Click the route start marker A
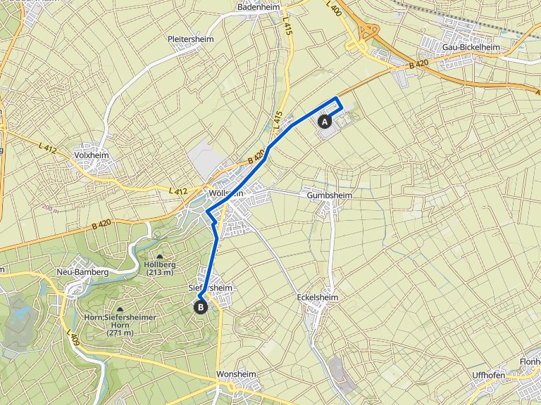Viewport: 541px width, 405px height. pyautogui.click(x=325, y=121)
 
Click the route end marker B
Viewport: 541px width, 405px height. pyautogui.click(x=201, y=306)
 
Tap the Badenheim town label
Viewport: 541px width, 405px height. pyautogui.click(x=259, y=7)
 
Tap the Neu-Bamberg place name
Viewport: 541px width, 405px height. pyautogui.click(x=82, y=271)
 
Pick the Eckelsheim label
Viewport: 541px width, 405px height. pyautogui.click(x=318, y=298)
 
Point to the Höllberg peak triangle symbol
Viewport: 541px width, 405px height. pyautogui.click(x=158, y=257)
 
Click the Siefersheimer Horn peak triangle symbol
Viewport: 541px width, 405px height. pyautogui.click(x=120, y=309)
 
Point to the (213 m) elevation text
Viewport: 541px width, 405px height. pyautogui.click(x=158, y=274)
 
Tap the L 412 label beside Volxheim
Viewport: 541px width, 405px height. pyautogui.click(x=48, y=148)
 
